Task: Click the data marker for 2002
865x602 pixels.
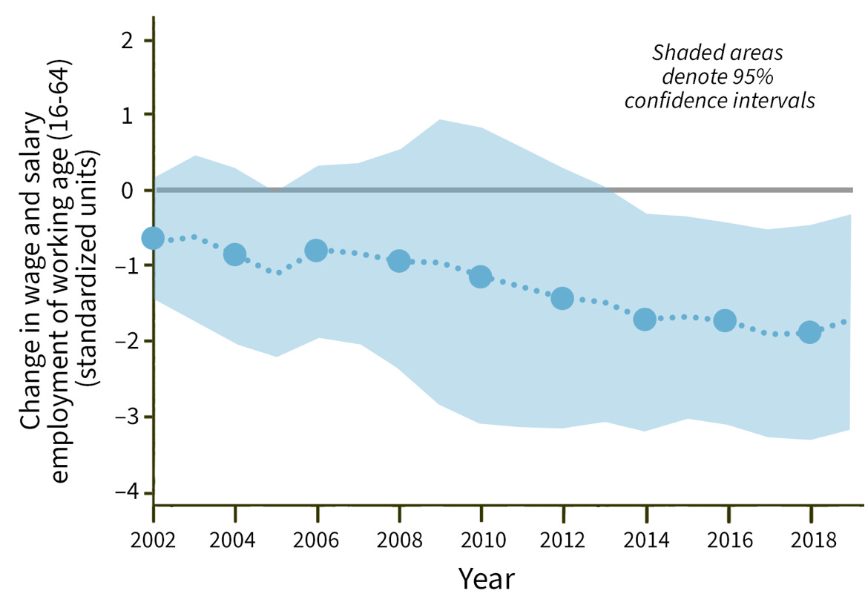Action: [153, 238]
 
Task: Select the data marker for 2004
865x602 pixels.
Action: [235, 254]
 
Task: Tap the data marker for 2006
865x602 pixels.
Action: [317, 251]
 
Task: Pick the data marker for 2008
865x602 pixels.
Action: [399, 261]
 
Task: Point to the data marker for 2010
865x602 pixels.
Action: [481, 277]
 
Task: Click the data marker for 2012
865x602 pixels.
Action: [562, 298]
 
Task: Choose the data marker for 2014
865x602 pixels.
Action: [645, 320]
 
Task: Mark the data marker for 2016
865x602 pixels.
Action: [725, 320]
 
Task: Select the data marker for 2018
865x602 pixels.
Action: [809, 331]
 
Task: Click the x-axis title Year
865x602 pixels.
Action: [486, 578]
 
